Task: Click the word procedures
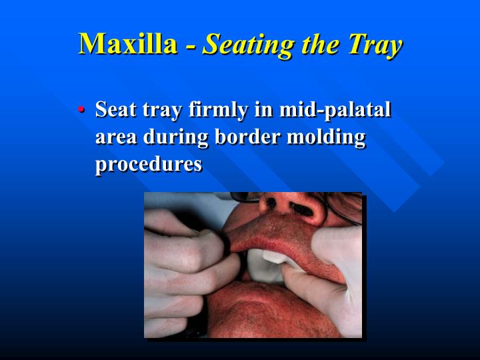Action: [x=149, y=164]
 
